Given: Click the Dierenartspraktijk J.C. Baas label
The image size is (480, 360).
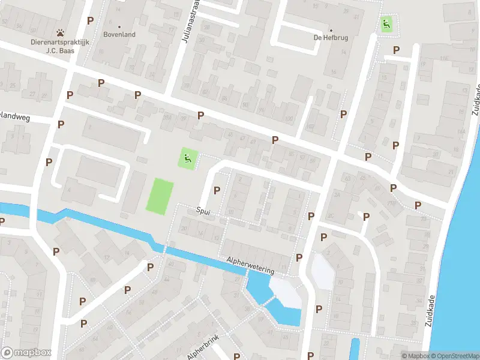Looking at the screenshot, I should coord(61,46).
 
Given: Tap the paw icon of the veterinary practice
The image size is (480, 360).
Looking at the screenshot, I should coord(61,32).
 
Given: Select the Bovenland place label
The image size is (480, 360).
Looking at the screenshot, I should coord(119,35).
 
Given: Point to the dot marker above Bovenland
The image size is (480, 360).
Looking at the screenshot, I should coord(119,26).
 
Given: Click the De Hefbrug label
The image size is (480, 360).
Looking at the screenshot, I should coord(331,38).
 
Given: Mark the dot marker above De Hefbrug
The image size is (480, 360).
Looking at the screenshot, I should coord(331,30).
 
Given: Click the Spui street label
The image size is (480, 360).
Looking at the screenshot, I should coord(204,211).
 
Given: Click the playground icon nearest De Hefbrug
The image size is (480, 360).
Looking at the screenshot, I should coord(386,25).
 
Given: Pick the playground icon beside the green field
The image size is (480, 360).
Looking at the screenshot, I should coord(188,159).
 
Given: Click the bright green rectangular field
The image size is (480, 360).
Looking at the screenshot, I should coord(160,195).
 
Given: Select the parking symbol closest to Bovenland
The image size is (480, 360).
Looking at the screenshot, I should coord(91,20).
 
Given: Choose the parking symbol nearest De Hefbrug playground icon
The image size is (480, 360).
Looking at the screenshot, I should coord(396,50).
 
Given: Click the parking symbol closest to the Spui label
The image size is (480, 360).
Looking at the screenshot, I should coord(217,191).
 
